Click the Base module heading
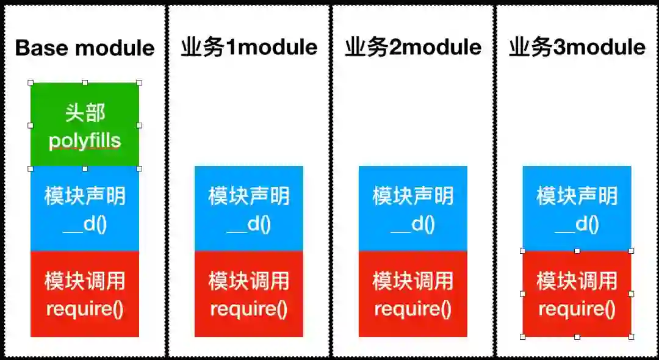point(85,48)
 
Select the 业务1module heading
point(249,48)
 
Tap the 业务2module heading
point(413,48)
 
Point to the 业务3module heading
point(577,48)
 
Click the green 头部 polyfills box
point(85,125)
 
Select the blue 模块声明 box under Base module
point(85,209)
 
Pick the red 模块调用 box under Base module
point(85,294)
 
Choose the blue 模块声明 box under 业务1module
point(249,209)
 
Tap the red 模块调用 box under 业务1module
point(249,294)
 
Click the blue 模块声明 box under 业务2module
point(413,209)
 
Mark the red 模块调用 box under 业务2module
point(413,294)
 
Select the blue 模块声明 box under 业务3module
point(577,209)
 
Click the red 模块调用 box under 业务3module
point(577,294)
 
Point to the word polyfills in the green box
point(85,141)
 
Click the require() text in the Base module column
point(85,309)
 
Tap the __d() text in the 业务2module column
point(413,225)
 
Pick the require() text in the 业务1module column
point(249,309)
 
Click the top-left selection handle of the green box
point(31,82)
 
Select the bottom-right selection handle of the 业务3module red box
point(631,336)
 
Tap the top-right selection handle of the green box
point(139,82)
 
